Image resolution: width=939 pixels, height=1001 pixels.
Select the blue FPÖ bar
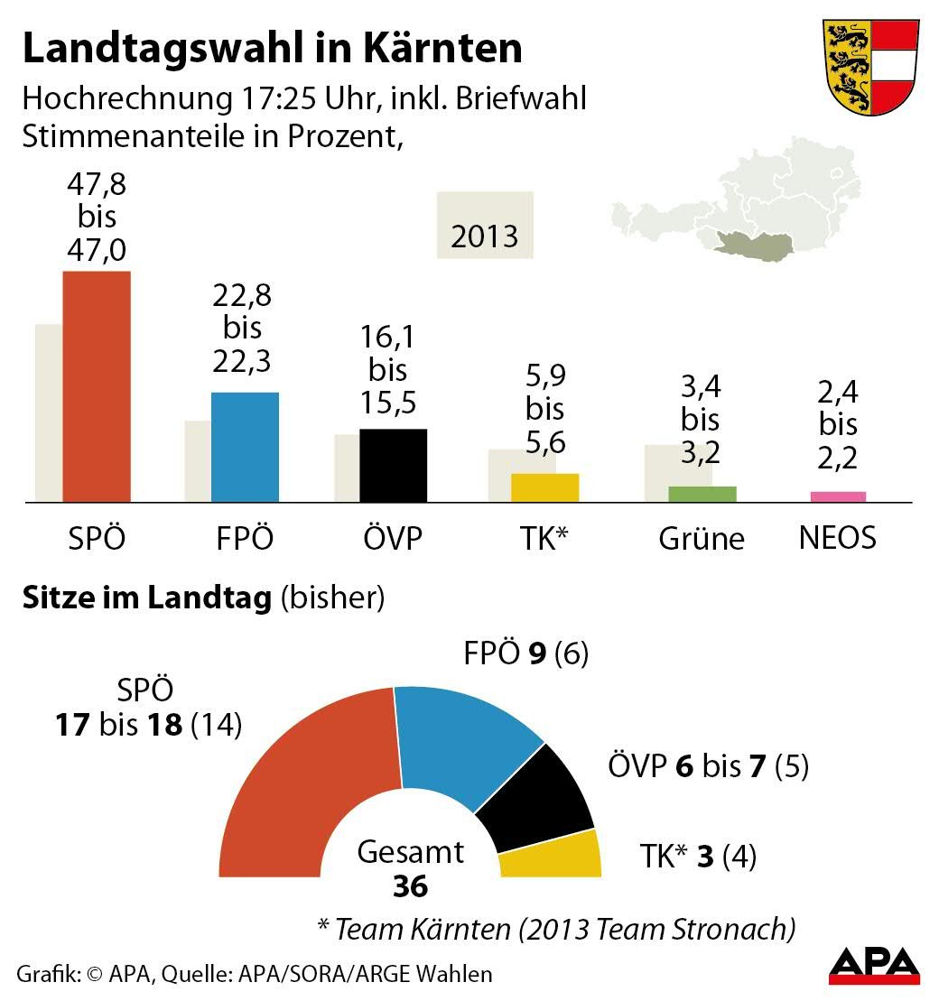click(245, 447)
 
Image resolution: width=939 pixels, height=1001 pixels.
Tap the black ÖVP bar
click(393, 465)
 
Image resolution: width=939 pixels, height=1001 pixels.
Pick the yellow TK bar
click(544, 487)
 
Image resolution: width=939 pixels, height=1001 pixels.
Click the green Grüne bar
click(702, 494)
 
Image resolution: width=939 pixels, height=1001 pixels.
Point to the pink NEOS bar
click(838, 496)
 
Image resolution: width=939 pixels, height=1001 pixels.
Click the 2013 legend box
click(485, 226)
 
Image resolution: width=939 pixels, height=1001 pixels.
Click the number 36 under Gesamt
click(410, 886)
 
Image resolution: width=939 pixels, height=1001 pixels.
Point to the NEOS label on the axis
click(838, 538)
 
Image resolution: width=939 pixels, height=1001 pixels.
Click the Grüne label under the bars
click(702, 539)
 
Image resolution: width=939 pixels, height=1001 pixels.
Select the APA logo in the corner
click(874, 966)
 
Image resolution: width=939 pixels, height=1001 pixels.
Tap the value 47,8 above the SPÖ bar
click(97, 189)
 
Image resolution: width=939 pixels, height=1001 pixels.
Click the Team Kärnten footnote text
click(555, 927)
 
